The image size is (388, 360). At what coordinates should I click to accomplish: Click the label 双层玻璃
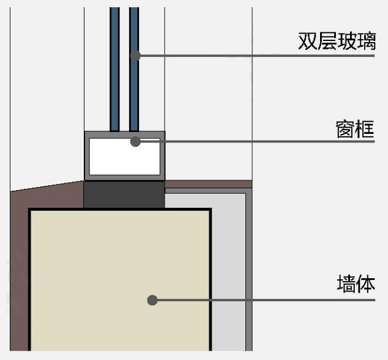coord(336,41)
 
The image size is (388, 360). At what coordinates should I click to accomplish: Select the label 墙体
coord(355,284)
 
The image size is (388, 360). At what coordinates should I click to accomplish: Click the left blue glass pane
coord(114,67)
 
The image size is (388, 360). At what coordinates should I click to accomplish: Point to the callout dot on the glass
coord(136,56)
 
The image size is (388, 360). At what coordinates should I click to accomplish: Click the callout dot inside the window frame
coord(136,142)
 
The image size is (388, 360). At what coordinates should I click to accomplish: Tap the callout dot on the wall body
coord(152,300)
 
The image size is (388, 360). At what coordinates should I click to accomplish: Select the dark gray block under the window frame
coord(124,194)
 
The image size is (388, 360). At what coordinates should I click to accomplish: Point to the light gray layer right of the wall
coord(229,275)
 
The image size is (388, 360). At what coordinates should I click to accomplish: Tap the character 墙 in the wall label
coord(346,284)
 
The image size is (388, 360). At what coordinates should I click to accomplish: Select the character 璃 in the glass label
coord(365,41)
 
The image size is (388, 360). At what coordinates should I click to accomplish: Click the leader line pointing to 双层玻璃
coord(257,56)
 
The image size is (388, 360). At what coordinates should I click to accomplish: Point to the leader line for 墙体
coord(263,300)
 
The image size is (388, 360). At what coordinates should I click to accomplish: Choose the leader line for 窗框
coord(257,142)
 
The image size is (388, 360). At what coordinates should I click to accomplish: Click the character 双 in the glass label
coord(307,41)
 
